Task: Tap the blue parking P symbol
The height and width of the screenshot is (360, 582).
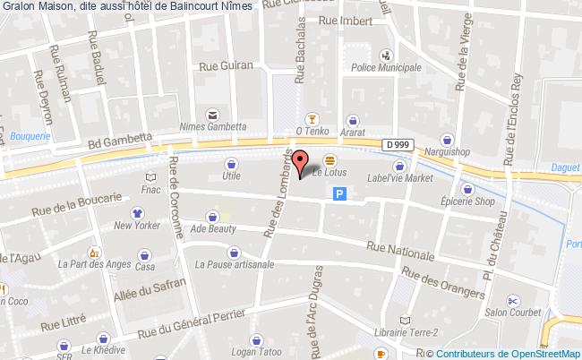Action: (x=340, y=193)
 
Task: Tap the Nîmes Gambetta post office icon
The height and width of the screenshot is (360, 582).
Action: (x=212, y=114)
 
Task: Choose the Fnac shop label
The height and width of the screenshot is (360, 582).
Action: (x=149, y=190)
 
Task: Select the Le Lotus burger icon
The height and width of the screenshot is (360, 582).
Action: (x=317, y=159)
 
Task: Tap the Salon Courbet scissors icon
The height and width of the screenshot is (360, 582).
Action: (x=512, y=301)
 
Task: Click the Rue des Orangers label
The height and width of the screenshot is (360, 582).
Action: (x=444, y=284)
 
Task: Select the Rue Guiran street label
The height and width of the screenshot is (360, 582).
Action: (x=227, y=65)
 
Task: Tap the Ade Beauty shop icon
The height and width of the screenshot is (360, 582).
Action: (x=211, y=216)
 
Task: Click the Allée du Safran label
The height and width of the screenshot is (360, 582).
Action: (x=150, y=293)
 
